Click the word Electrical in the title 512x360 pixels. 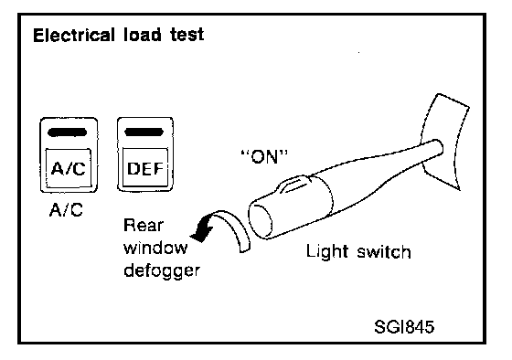click(74, 35)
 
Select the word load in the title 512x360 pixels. click(142, 35)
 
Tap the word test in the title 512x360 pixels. click(187, 35)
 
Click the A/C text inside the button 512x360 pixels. click(69, 168)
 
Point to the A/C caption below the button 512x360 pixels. click(66, 209)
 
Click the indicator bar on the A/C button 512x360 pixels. click(68, 132)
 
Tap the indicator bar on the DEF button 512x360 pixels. click(144, 132)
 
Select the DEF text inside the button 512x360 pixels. click(145, 168)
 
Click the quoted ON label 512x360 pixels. click(264, 157)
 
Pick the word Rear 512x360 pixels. click(143, 225)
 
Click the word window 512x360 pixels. click(155, 248)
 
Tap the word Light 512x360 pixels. click(327, 252)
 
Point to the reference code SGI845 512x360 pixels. click(404, 327)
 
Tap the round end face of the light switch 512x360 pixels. click(261, 219)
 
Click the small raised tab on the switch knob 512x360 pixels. click(293, 184)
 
